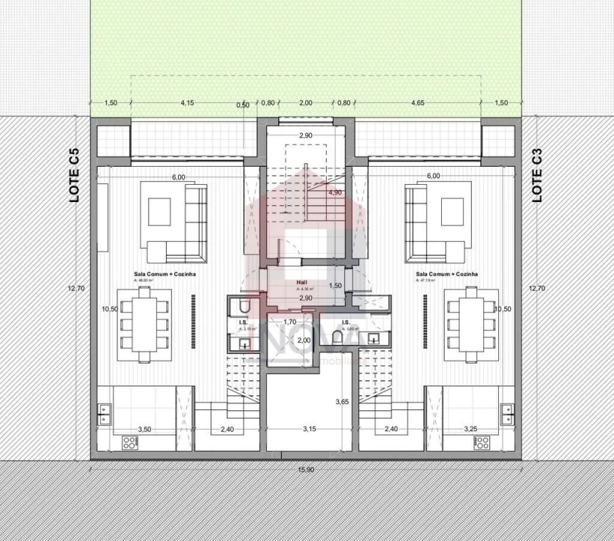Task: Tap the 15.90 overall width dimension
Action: (305, 470)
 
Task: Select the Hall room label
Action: (301, 283)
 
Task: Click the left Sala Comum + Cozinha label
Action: (165, 275)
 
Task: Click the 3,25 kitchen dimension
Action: (470, 429)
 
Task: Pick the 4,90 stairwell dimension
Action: (335, 193)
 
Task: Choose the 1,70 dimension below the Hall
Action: (289, 322)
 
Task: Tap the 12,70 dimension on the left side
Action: (73, 288)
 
